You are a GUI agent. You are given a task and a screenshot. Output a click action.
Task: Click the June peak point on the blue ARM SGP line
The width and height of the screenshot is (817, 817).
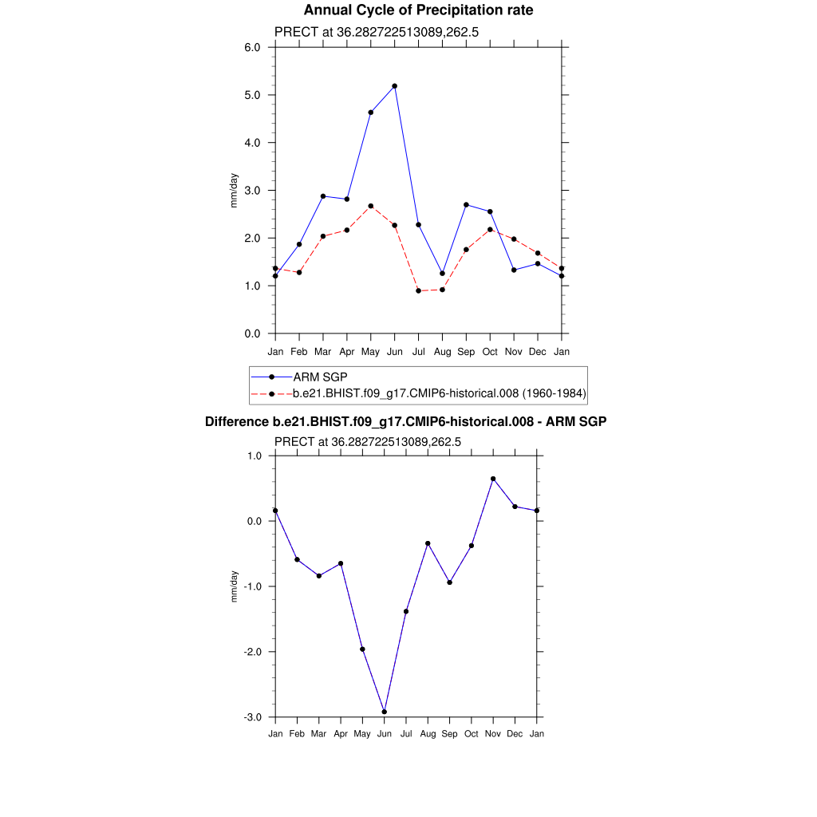[x=395, y=86]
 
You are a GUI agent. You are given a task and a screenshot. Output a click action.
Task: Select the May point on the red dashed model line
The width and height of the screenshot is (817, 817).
[x=371, y=206]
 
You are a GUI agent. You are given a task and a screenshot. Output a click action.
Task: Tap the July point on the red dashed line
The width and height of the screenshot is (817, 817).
[x=418, y=290]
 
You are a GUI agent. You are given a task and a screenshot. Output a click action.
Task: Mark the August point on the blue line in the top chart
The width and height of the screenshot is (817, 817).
[x=442, y=274]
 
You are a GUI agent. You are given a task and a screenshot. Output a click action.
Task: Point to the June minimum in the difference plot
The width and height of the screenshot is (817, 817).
[x=385, y=712]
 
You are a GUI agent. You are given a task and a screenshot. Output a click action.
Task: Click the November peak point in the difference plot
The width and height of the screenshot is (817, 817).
[x=493, y=479]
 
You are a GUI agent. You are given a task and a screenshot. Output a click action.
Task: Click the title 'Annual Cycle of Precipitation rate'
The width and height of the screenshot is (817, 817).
[x=418, y=10]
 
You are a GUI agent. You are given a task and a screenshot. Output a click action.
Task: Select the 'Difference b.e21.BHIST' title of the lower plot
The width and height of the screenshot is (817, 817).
[x=406, y=421]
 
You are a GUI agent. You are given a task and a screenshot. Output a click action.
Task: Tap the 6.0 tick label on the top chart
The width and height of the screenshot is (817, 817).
[x=252, y=48]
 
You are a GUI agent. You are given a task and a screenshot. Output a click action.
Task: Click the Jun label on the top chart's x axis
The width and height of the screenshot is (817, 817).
[x=394, y=352]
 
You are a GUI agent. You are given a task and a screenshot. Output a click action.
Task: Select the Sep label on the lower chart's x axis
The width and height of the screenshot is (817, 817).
[x=450, y=734]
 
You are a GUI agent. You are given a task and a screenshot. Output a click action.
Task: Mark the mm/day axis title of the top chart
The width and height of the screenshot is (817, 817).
[x=234, y=191]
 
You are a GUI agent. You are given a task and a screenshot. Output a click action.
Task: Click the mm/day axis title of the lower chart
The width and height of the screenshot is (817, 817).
[x=234, y=586]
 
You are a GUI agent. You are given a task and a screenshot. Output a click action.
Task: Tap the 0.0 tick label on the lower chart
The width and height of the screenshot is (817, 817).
[x=254, y=522]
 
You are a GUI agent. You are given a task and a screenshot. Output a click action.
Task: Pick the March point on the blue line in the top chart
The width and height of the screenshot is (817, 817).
[x=323, y=196]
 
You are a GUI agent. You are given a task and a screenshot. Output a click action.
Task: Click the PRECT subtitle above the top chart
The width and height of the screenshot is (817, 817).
[x=376, y=33]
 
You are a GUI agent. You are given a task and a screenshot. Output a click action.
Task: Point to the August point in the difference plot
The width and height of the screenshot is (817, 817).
[x=428, y=543]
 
